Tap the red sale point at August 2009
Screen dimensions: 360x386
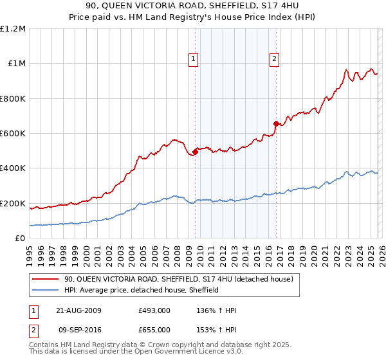[x=196, y=152]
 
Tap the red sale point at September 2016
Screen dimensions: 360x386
[x=276, y=123]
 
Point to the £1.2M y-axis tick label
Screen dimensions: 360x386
[x=13, y=29]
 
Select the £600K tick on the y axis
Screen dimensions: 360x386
[x=13, y=134]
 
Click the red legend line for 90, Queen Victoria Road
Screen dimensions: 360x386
[x=46, y=279]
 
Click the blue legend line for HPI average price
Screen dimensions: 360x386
[x=46, y=290]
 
